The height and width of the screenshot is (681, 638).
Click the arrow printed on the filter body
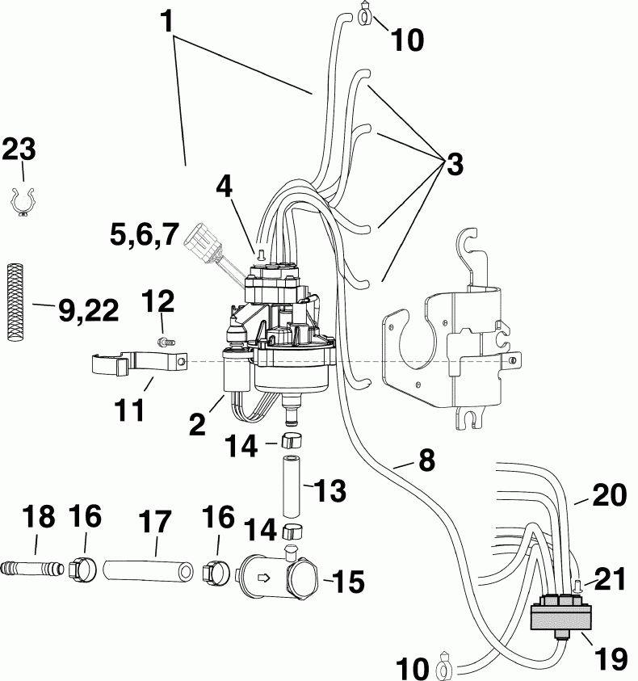(x=262, y=578)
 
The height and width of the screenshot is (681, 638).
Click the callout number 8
(x=426, y=461)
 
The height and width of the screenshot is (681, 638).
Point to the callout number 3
(x=454, y=165)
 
